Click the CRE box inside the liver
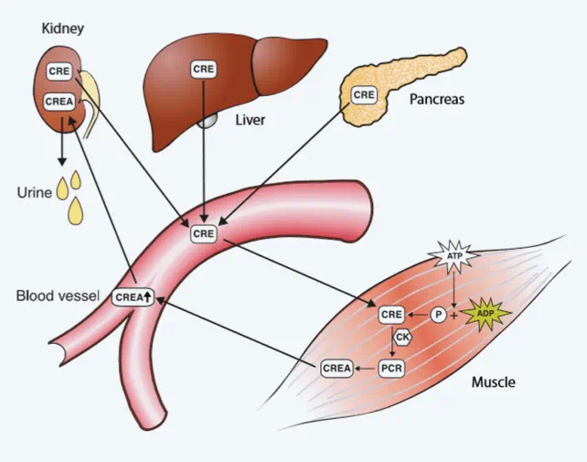click(x=202, y=69)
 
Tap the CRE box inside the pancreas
click(x=364, y=94)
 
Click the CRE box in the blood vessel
click(x=202, y=234)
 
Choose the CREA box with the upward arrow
click(x=133, y=296)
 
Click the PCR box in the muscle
click(x=391, y=368)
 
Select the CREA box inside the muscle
click(x=336, y=368)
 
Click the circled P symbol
click(x=439, y=315)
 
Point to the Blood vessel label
click(x=56, y=297)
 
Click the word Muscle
click(x=493, y=381)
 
